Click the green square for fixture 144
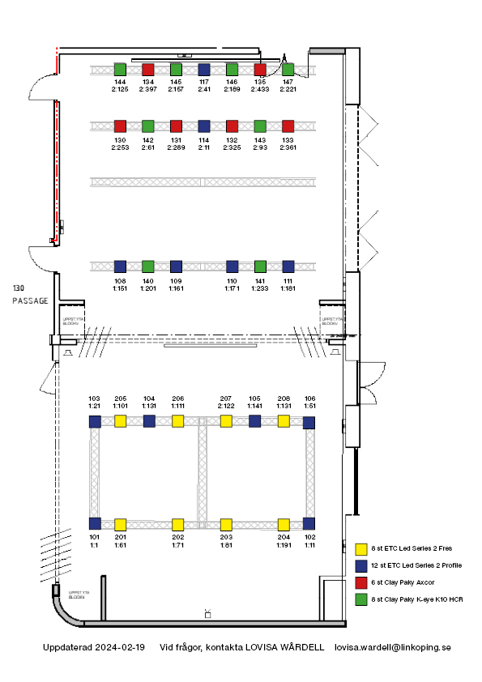(x=120, y=69)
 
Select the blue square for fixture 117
(x=204, y=69)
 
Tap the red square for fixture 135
(x=260, y=69)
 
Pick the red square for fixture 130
(x=120, y=126)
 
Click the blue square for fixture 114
(x=204, y=126)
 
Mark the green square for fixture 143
(x=260, y=126)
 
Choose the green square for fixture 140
(x=148, y=266)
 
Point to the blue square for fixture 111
(x=288, y=266)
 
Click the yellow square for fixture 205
(x=121, y=421)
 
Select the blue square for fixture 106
(x=309, y=422)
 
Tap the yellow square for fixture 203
(x=226, y=523)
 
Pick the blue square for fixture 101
(x=95, y=523)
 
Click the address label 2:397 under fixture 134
(x=147, y=89)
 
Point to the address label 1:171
(x=232, y=288)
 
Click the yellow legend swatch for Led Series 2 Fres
(x=362, y=548)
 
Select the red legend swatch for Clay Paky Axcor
(x=362, y=582)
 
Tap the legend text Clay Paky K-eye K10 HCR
(x=416, y=599)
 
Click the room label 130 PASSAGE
(x=30, y=294)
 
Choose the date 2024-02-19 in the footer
(x=119, y=648)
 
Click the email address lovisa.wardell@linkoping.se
(x=392, y=648)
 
